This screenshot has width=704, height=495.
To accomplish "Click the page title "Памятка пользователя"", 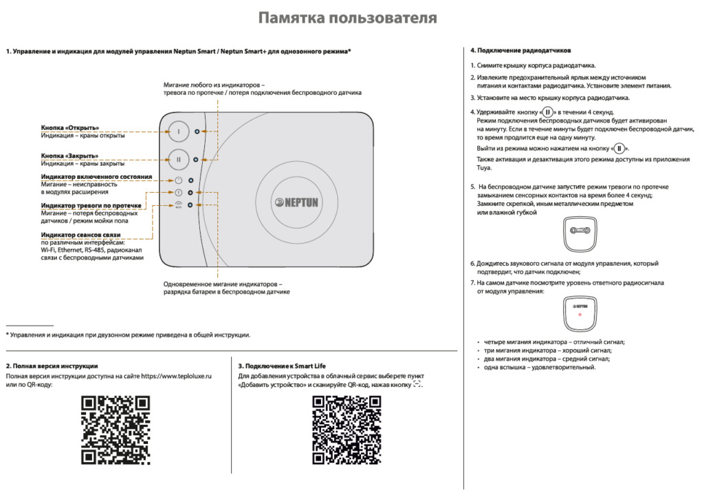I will [347, 18].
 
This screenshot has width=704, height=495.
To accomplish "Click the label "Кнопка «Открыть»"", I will [70, 128].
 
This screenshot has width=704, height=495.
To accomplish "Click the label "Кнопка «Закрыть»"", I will [69, 156].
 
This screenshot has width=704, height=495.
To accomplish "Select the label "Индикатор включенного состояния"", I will [96, 177].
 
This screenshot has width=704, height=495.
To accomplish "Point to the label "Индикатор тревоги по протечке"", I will [91, 206].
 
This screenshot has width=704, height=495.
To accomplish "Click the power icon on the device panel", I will [178, 180].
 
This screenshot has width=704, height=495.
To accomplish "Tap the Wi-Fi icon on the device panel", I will [178, 204].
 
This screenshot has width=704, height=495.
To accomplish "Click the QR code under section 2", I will [115, 430].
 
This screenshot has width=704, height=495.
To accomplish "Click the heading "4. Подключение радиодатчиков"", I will [520, 51].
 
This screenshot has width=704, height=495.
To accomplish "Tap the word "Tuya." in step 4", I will [485, 167].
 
